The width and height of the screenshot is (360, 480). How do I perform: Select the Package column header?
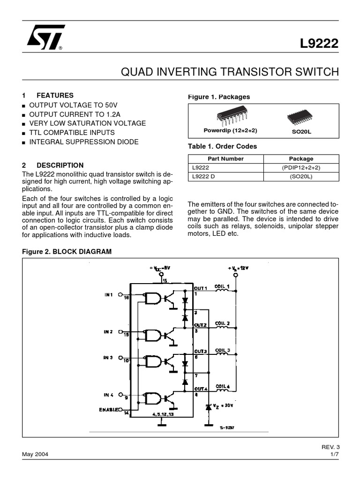301,158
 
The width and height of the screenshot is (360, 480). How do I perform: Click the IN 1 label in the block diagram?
108,295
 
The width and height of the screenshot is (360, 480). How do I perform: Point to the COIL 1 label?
222,286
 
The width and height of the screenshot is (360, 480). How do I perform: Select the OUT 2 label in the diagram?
201,324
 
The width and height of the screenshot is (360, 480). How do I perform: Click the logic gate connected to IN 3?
153,361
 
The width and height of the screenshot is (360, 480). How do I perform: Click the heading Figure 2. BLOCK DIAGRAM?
67,251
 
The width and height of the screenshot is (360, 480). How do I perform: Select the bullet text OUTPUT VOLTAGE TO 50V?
73,105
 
